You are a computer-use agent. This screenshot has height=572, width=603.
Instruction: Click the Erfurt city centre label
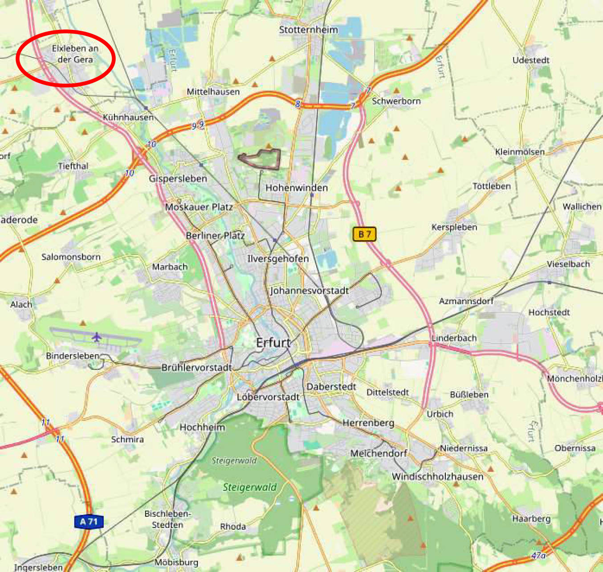(x=273, y=343)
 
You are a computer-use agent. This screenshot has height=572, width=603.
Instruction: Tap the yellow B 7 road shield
(x=364, y=234)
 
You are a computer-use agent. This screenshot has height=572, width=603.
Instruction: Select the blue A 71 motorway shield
(x=89, y=522)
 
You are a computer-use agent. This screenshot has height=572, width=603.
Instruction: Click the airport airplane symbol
(x=97, y=337)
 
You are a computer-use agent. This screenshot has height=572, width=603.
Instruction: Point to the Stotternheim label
(x=308, y=30)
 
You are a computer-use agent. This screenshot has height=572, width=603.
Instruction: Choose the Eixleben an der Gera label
(x=75, y=54)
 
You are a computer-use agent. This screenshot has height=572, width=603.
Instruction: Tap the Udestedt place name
(x=530, y=60)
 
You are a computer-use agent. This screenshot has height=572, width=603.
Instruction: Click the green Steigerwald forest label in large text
(x=249, y=487)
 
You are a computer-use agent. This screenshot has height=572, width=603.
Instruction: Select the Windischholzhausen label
(x=437, y=476)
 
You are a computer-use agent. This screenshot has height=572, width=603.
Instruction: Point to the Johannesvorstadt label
(x=309, y=290)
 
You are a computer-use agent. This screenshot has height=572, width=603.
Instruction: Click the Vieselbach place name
(x=568, y=264)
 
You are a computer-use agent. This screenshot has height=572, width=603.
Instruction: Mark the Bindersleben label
(x=73, y=356)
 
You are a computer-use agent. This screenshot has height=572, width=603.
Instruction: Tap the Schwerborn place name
(x=396, y=101)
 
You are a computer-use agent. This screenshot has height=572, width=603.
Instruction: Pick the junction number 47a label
(x=538, y=556)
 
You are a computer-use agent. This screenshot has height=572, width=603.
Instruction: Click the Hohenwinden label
(x=297, y=188)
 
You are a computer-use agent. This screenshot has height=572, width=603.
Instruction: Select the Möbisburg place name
(x=176, y=562)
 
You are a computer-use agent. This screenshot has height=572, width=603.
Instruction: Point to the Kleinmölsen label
(x=520, y=152)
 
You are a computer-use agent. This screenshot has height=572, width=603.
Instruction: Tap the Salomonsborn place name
(x=71, y=257)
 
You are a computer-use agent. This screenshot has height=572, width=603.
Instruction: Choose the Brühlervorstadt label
(x=196, y=368)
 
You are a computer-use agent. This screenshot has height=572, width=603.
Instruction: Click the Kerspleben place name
(x=454, y=227)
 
